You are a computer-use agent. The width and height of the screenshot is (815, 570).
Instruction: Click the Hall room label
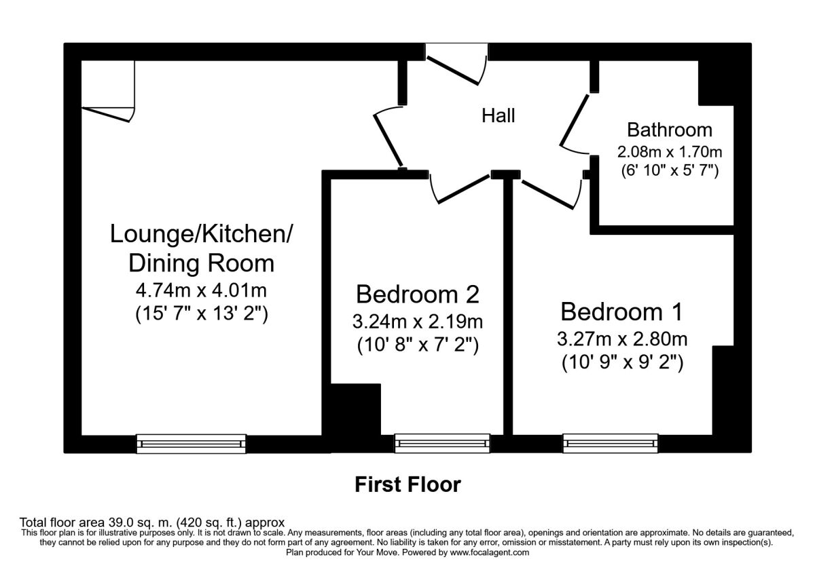click(x=498, y=116)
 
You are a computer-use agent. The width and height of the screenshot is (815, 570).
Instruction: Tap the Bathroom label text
click(x=670, y=130)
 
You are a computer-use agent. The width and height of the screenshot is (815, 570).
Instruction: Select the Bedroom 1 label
click(x=621, y=311)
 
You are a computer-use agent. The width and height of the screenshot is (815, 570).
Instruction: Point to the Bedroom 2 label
click(x=417, y=294)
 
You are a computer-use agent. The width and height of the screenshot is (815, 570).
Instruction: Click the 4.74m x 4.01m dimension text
click(x=201, y=290)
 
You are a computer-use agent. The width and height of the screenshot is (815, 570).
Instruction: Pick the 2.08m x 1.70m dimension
click(x=670, y=152)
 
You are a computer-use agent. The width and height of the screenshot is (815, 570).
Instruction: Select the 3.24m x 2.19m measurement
click(x=417, y=322)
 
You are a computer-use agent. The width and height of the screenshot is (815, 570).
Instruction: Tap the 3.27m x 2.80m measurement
click(x=622, y=339)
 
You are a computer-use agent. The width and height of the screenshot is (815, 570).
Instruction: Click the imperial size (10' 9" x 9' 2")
click(x=622, y=363)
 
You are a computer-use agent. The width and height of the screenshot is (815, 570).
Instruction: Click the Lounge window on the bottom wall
click(x=191, y=444)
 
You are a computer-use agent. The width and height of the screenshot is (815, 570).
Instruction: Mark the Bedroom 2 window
click(x=442, y=444)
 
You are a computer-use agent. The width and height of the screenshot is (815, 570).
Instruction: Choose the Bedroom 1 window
click(x=611, y=444)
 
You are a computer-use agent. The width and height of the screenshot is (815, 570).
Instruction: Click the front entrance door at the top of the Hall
click(x=452, y=71)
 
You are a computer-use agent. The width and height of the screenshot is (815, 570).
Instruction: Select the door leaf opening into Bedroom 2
click(x=463, y=189)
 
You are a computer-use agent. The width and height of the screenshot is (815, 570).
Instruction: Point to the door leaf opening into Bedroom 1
click(x=548, y=195)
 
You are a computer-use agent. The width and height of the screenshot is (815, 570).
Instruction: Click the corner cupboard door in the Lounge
click(x=106, y=115)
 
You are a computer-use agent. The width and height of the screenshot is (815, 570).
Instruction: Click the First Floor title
click(x=408, y=484)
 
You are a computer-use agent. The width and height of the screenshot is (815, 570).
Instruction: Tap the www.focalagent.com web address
click(x=490, y=553)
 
